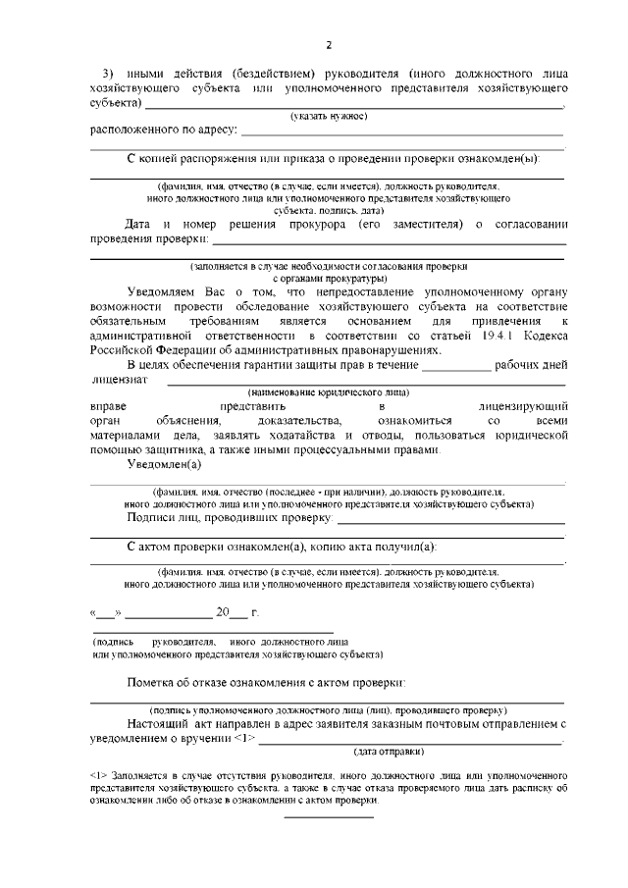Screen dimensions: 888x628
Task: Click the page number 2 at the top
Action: (329, 45)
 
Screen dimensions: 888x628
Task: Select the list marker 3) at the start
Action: (109, 74)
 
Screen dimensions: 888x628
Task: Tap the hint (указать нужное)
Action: (328, 116)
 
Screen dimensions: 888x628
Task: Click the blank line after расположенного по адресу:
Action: (402, 132)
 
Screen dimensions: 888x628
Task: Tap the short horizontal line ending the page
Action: (329, 815)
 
